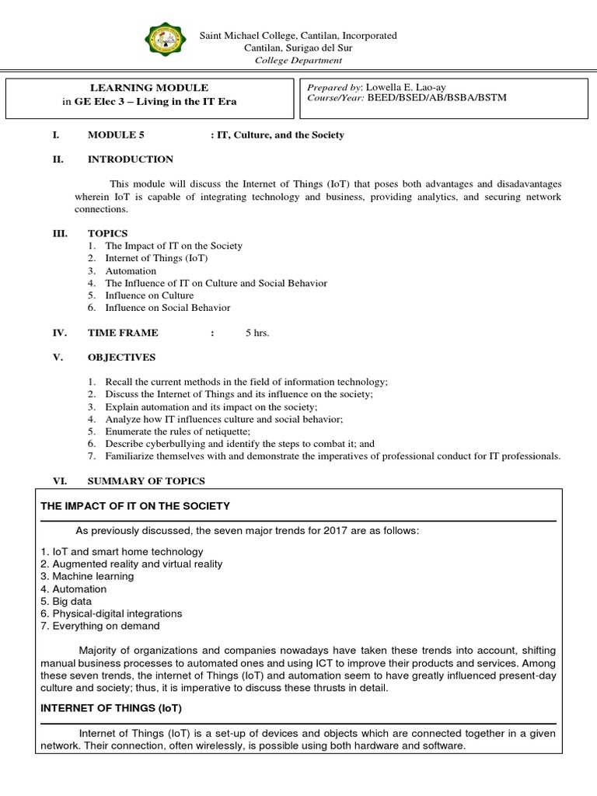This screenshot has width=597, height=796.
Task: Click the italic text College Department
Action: coord(298,61)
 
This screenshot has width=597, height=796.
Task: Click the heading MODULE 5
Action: coord(116,134)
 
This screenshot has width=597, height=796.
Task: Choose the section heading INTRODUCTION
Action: coord(130,159)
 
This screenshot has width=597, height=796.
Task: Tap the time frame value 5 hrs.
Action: coord(257,332)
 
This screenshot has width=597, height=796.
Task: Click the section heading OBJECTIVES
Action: coord(121,357)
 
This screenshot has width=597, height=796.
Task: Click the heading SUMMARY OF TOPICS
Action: coord(146,481)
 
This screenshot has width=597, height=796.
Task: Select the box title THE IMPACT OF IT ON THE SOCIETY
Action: coord(135,506)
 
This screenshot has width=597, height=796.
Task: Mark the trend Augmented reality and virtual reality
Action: coord(137,564)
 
